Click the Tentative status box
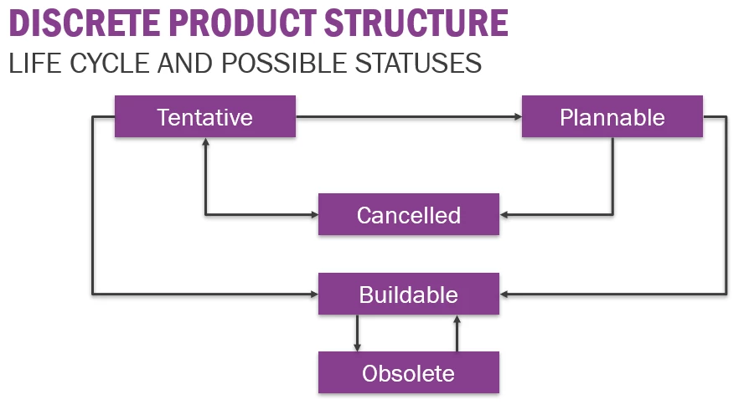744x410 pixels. tap(205, 116)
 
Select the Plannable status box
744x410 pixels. tap(612, 116)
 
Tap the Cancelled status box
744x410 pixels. tap(409, 214)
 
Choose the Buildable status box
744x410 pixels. tap(409, 294)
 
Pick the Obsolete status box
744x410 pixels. tap(409, 372)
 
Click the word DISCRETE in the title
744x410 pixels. tap(85, 23)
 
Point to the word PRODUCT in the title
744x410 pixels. tap(243, 23)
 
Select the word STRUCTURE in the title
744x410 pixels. tap(416, 23)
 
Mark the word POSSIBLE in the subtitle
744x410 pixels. tap(284, 63)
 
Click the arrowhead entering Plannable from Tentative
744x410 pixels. tap(518, 116)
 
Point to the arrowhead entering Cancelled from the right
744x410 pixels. tap(503, 215)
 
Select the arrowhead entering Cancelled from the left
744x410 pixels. tap(314, 215)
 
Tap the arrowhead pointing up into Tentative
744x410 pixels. tap(205, 141)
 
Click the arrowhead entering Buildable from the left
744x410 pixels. tap(314, 295)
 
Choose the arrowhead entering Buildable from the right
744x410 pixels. tap(503, 295)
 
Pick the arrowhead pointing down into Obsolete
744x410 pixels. tap(357, 348)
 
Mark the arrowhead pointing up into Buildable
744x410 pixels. tap(457, 319)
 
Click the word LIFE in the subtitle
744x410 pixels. tap(35, 63)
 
